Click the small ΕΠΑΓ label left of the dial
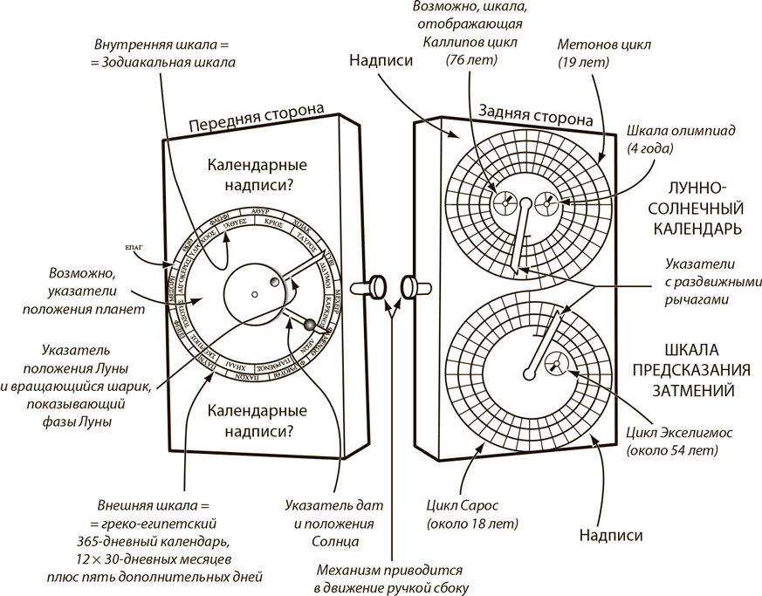point(138,248)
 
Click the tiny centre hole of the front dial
point(253,295)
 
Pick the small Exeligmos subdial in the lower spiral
point(556,365)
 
